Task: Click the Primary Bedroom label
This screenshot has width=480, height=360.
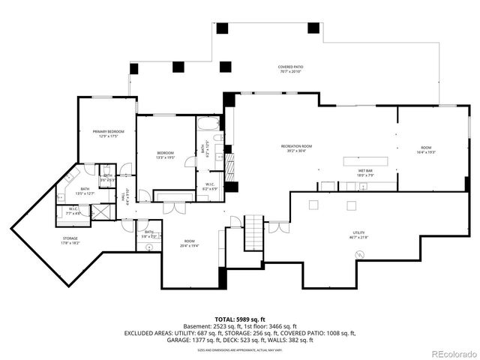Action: [x=109, y=133]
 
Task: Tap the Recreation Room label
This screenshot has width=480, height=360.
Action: [x=296, y=148]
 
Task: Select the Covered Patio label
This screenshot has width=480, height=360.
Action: [x=290, y=69]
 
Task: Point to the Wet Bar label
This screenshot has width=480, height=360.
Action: [x=365, y=172]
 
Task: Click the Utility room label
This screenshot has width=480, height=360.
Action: [x=359, y=235]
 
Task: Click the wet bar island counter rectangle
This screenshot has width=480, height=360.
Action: [x=368, y=160]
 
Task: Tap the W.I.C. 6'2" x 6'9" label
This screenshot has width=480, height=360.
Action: [x=210, y=187]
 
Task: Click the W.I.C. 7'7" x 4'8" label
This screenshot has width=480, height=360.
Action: [x=73, y=213]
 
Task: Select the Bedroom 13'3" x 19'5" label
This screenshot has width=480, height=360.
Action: [x=166, y=156]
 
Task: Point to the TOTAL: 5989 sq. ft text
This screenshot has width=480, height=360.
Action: [x=239, y=320]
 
